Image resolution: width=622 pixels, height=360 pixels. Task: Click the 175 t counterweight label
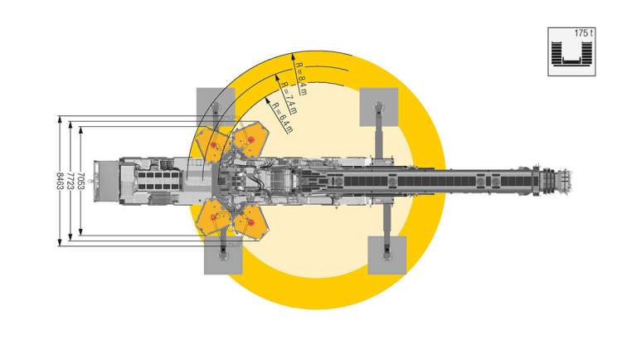583,33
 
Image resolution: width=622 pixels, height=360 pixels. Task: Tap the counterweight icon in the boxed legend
571,54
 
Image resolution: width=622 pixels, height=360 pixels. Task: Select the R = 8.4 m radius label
301,79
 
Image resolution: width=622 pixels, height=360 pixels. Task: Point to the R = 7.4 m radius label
289,97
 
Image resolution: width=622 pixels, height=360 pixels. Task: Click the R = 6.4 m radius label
283,118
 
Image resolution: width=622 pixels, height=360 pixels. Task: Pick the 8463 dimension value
60,181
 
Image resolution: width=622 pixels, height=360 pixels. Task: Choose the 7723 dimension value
70,181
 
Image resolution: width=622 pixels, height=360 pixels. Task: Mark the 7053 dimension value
81,181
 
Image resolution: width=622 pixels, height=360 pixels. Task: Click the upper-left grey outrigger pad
216,107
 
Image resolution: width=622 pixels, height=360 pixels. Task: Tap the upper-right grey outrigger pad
379,107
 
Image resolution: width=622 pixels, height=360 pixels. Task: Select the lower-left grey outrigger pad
223,255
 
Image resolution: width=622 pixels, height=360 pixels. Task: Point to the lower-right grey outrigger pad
387,255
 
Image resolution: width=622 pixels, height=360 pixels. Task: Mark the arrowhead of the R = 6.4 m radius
267,100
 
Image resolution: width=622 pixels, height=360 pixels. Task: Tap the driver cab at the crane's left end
106,181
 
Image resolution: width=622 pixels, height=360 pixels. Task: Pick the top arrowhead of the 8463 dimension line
60,119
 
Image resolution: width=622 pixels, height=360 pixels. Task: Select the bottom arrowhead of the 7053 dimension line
80,232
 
